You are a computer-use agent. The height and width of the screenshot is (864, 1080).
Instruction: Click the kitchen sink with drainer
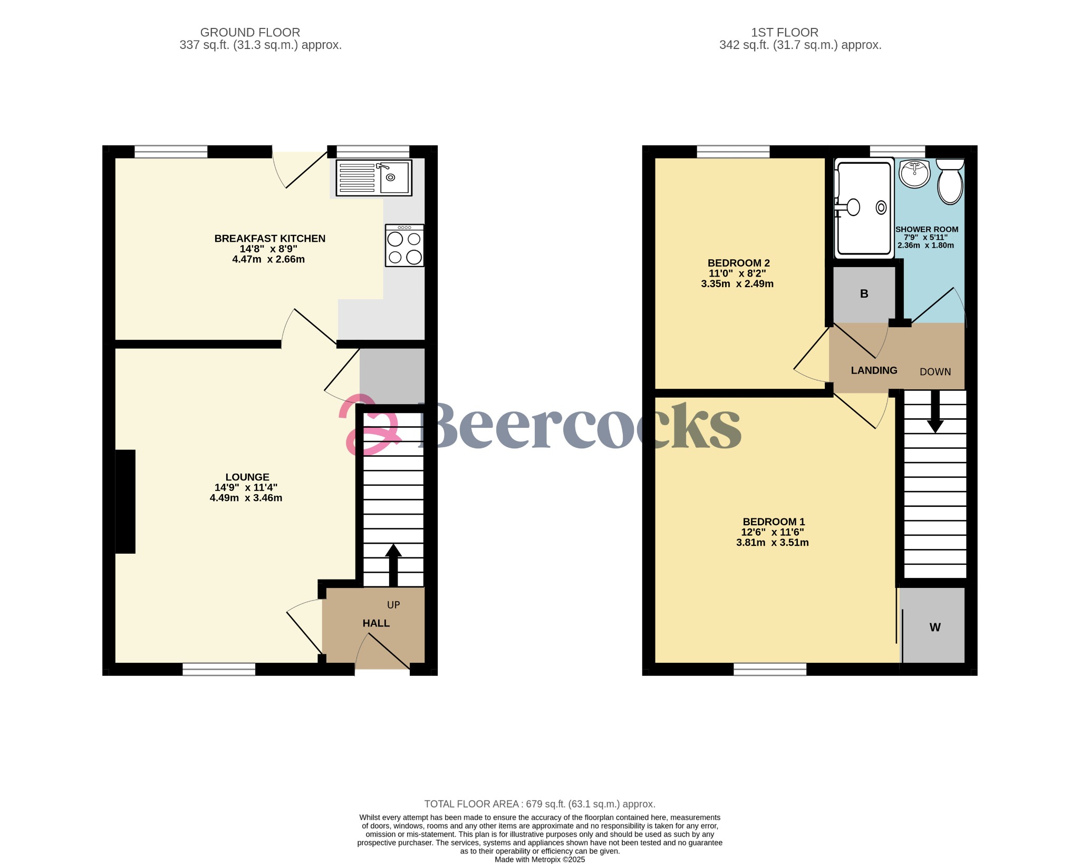click(x=374, y=178)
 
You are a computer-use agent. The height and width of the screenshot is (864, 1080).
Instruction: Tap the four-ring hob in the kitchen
click(x=404, y=246)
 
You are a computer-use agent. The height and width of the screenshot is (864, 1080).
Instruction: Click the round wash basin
click(x=915, y=174)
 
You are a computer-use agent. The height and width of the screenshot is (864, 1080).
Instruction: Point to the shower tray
click(x=864, y=209)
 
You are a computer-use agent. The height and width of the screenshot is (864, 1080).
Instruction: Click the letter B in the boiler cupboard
click(x=864, y=294)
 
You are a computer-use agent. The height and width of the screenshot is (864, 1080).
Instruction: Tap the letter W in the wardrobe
click(x=935, y=627)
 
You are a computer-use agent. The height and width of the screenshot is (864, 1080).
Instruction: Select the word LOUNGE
click(x=247, y=477)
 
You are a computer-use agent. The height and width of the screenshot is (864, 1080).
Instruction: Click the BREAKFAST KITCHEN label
click(x=270, y=239)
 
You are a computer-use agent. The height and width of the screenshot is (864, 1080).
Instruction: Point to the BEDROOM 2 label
click(x=739, y=263)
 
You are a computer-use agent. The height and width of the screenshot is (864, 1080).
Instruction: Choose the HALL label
click(x=376, y=623)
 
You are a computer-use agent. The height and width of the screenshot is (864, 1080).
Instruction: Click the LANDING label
click(x=874, y=370)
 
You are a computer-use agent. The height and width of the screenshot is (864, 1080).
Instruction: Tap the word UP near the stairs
click(x=393, y=605)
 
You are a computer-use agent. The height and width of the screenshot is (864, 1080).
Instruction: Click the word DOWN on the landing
click(x=935, y=372)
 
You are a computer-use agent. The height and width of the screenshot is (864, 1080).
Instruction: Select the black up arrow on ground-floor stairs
click(x=393, y=565)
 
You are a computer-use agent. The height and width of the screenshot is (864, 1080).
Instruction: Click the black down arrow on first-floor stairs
click(x=935, y=411)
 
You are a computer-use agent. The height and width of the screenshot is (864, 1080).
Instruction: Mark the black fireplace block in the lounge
click(x=125, y=502)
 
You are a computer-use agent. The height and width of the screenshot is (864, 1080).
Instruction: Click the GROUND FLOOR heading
click(x=250, y=33)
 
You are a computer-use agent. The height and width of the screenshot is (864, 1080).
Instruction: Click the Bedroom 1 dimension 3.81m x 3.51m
click(x=773, y=543)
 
